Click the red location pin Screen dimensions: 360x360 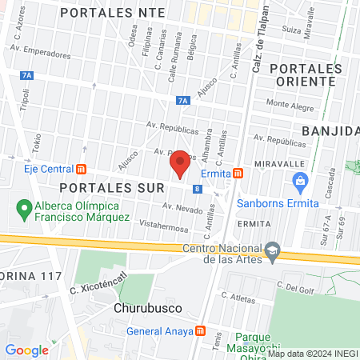(181, 164)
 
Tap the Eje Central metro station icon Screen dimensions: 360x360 (81, 170)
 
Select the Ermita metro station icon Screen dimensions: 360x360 (238, 174)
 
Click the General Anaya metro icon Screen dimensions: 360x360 (201, 331)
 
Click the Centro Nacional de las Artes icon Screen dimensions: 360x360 (272, 251)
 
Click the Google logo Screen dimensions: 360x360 (26, 350)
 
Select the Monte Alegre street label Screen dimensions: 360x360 (287, 103)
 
